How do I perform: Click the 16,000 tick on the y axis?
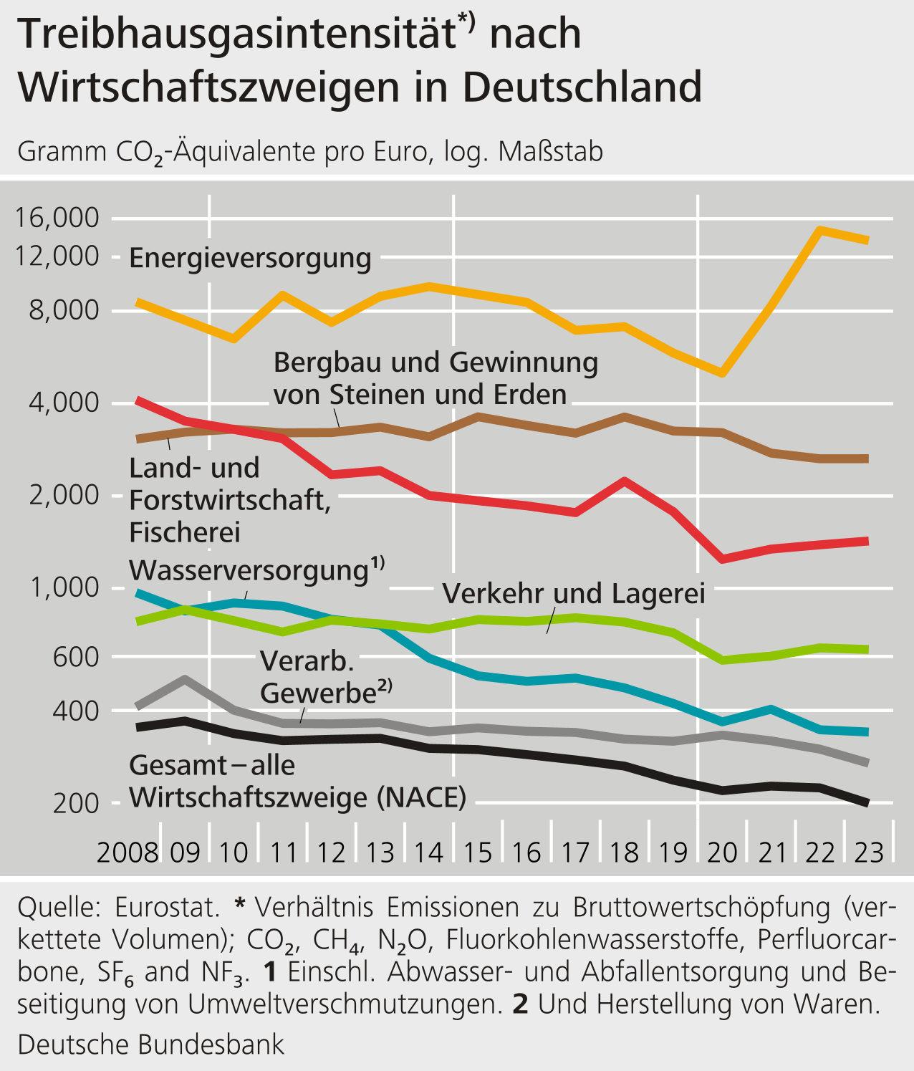point(57,218)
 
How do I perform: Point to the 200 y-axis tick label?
point(76,804)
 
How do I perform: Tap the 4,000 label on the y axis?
point(64,403)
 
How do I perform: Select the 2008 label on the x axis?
point(128,853)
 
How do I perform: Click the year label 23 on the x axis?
point(869,853)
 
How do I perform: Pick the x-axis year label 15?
point(478,853)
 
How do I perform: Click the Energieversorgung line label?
point(250,258)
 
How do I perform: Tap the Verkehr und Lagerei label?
point(574,594)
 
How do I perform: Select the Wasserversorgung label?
point(249,570)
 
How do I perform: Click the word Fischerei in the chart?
point(184,532)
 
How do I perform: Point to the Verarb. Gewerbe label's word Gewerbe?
point(318,693)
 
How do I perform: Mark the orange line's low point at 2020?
point(723,373)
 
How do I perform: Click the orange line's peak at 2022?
point(820,230)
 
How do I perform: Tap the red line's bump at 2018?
point(625,481)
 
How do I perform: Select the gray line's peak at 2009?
point(186,678)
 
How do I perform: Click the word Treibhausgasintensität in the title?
point(237,34)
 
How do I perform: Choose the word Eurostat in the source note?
point(166,907)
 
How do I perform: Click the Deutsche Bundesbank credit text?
point(150,1044)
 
